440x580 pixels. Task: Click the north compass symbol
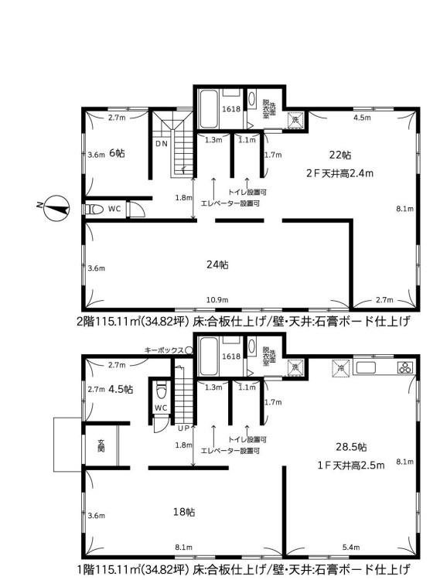(x=56, y=208)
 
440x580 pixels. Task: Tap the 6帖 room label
(x=117, y=153)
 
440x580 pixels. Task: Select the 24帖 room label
(x=217, y=264)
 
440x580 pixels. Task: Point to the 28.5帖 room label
(x=351, y=447)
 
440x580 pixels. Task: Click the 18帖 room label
(x=184, y=512)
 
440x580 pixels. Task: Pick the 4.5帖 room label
(x=121, y=389)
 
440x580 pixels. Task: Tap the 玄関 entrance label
(x=101, y=445)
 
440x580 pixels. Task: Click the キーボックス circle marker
(x=189, y=350)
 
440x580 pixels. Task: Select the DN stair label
(x=161, y=144)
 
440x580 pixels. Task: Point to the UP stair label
(x=184, y=428)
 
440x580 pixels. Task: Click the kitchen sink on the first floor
(x=366, y=367)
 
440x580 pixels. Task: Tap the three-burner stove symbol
(x=406, y=367)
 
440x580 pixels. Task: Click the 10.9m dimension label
(x=217, y=299)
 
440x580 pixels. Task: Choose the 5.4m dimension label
(x=350, y=547)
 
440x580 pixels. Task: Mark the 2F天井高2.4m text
(x=339, y=172)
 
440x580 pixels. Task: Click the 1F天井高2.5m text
(x=351, y=465)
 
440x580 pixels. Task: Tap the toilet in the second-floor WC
(x=94, y=210)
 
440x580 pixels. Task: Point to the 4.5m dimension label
(x=362, y=118)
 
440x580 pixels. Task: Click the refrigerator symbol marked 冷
(x=340, y=368)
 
